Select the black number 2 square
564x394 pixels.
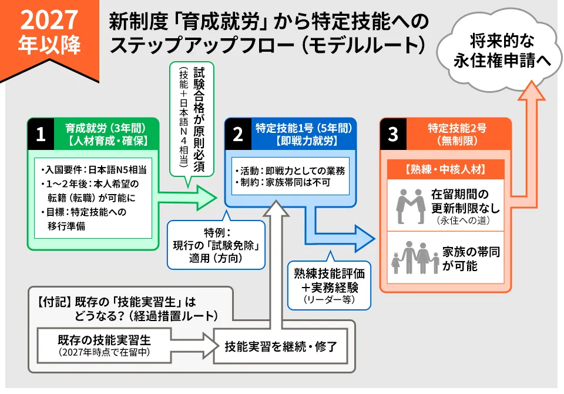(238, 134)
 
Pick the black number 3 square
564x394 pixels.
(392, 134)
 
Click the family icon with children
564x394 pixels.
(415, 258)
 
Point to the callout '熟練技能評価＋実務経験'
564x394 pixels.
(329, 285)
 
